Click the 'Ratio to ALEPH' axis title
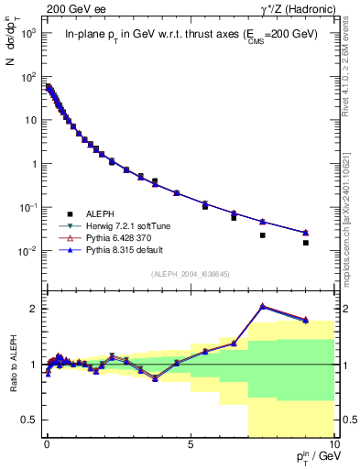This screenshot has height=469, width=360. coord(12,365)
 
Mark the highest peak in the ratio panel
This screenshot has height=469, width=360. coord(262,306)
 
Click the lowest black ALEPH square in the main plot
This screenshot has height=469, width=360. coord(305,243)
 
